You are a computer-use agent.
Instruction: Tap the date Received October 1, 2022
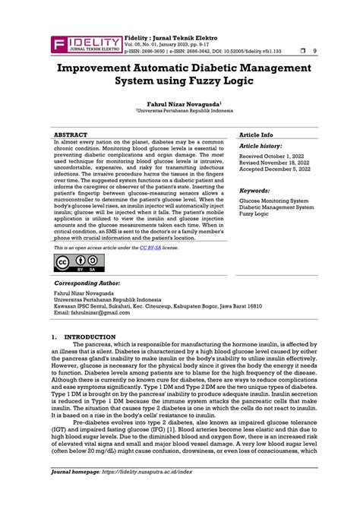click(x=273, y=156)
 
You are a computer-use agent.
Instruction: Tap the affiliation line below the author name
click(x=179, y=110)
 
